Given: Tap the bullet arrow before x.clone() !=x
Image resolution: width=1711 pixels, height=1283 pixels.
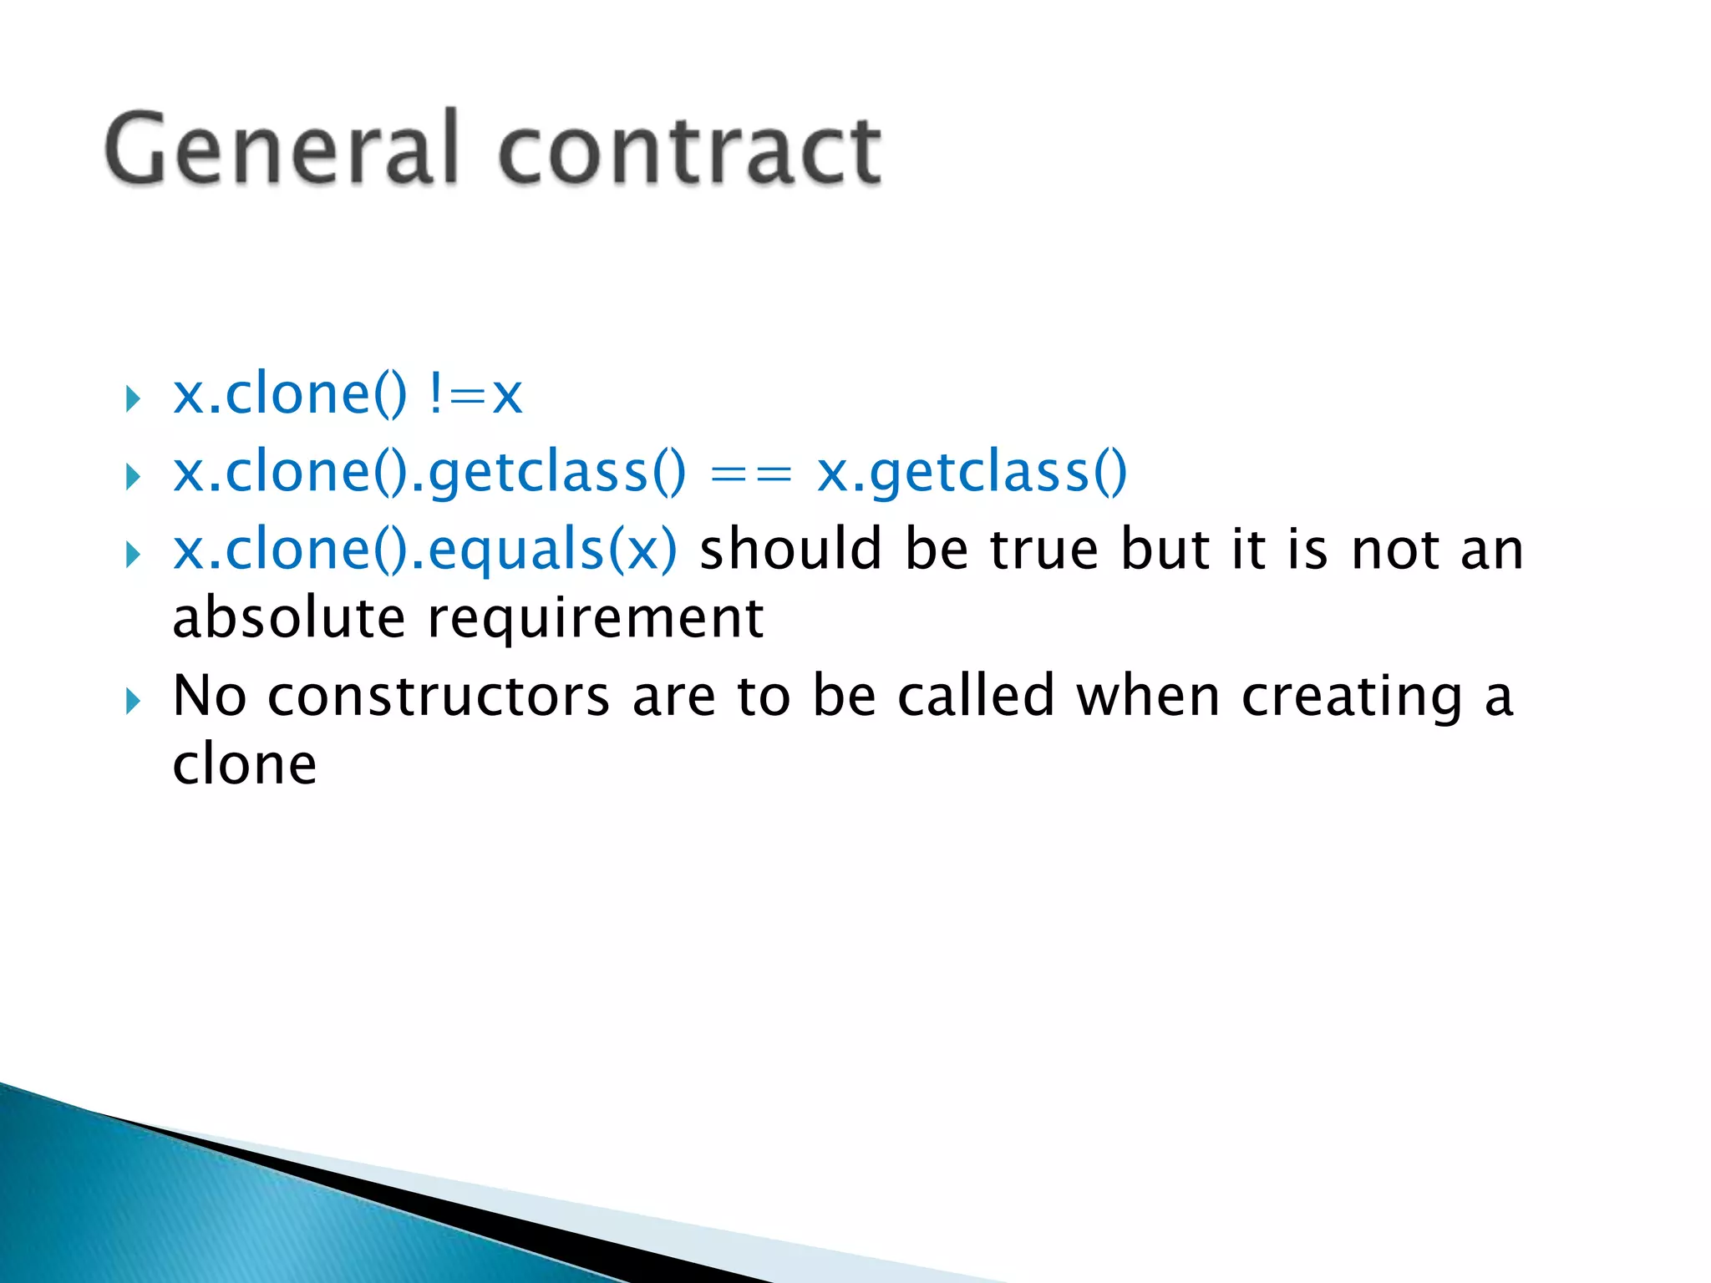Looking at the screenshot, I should click(132, 398).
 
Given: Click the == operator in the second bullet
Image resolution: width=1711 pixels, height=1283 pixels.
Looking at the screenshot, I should click(749, 474).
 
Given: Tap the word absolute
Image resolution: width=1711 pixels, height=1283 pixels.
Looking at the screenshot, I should click(289, 619).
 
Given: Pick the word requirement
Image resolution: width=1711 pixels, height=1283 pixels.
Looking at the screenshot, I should click(596, 621).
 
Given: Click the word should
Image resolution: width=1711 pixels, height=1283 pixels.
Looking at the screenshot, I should click(790, 550).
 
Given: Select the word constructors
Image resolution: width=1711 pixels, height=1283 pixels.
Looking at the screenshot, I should click(439, 698).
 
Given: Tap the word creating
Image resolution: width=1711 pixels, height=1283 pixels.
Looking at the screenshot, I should click(1352, 698).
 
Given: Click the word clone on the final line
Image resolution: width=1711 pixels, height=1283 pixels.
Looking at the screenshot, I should click(245, 765).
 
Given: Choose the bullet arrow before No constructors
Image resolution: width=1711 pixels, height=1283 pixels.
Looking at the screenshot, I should click(132, 701).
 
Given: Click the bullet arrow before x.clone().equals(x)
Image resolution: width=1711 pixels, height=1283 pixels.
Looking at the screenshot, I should click(132, 555).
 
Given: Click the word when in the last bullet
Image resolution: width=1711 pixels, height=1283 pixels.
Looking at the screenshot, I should click(1148, 697).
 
